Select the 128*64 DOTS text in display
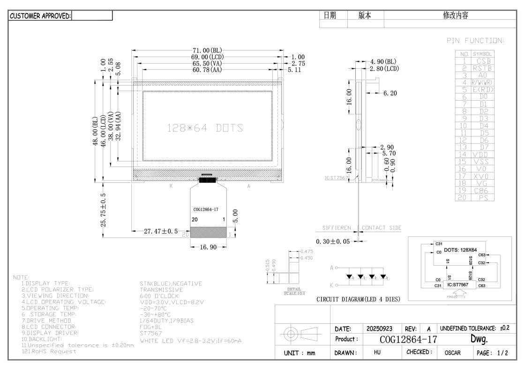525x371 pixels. [205, 128]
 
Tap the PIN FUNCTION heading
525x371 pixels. [474, 41]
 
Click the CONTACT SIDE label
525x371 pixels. [382, 228]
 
